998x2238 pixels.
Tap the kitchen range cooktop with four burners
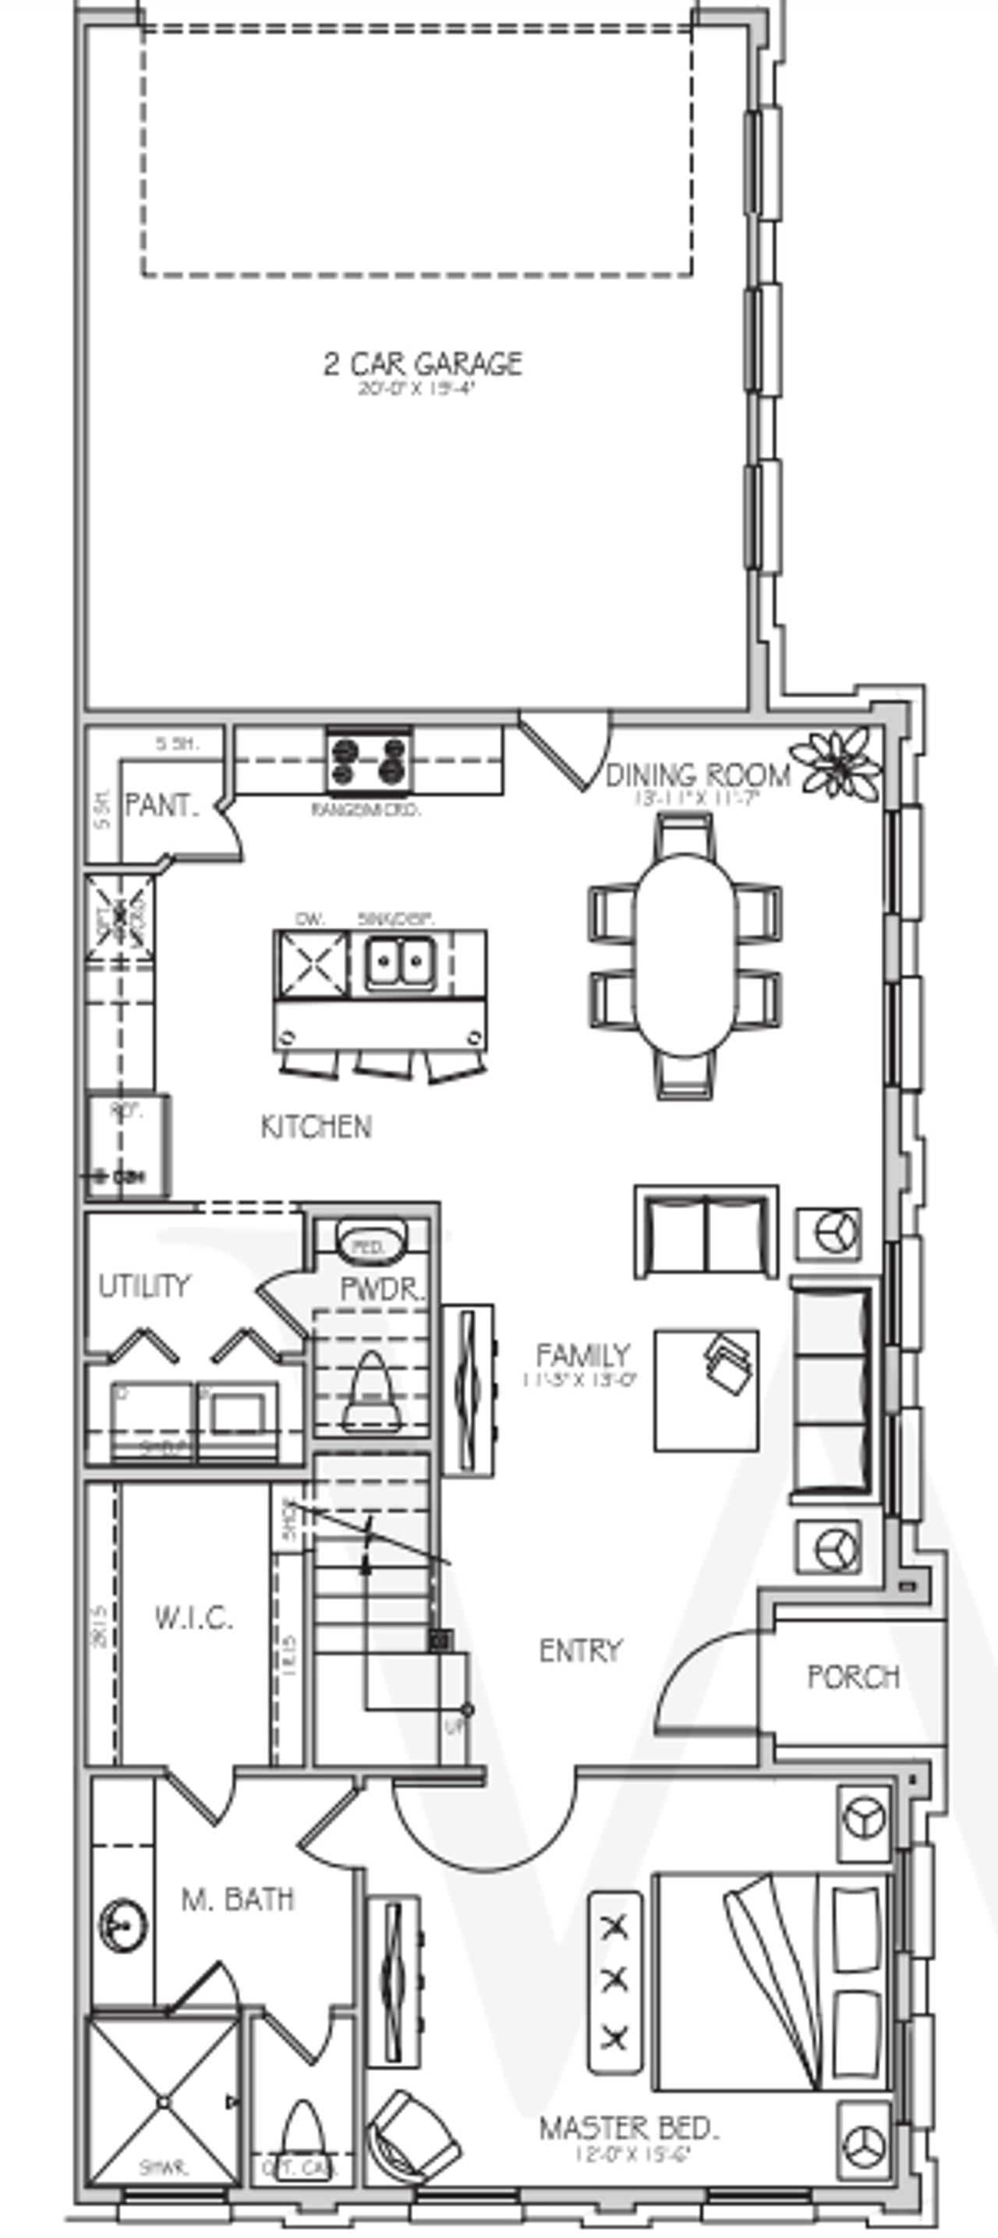tap(369, 761)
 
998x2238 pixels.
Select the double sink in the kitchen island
tap(398, 961)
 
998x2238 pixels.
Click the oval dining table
tap(685, 954)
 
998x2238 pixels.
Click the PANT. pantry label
tap(161, 806)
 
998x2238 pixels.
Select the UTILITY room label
tap(143, 1286)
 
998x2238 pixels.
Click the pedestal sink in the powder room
tap(371, 1246)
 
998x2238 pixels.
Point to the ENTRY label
tap(580, 1650)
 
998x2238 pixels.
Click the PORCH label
tap(852, 1676)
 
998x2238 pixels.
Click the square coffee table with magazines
tap(706, 1390)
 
